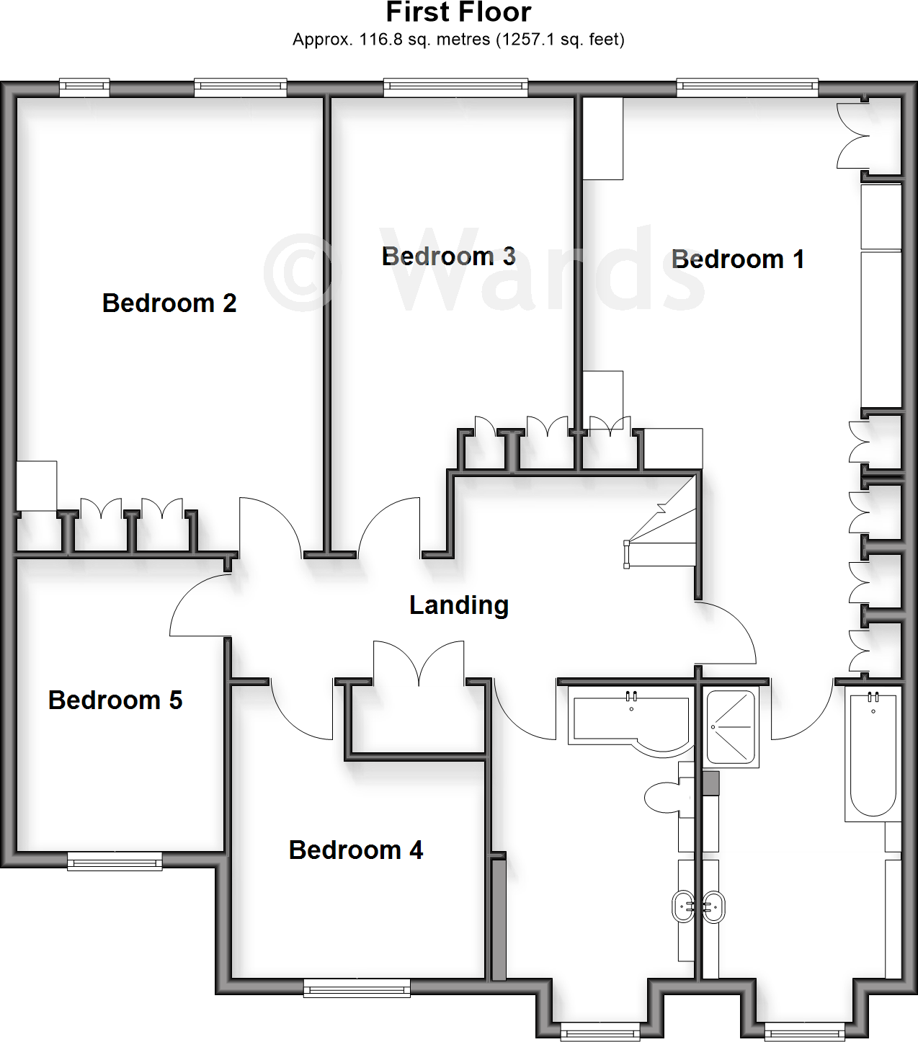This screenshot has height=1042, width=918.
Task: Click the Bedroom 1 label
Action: point(737,259)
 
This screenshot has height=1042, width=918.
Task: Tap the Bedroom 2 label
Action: point(169,303)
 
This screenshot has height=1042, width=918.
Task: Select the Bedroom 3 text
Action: point(448,257)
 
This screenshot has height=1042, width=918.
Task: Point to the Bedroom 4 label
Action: point(355,850)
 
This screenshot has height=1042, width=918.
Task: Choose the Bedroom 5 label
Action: point(115,700)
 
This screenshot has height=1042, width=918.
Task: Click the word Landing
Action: point(459,605)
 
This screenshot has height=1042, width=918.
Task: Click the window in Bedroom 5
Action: point(115,860)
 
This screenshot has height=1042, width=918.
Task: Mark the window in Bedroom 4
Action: point(357,987)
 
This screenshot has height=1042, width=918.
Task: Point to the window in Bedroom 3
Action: point(455,88)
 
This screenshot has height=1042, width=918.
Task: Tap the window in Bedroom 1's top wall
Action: point(747,88)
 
